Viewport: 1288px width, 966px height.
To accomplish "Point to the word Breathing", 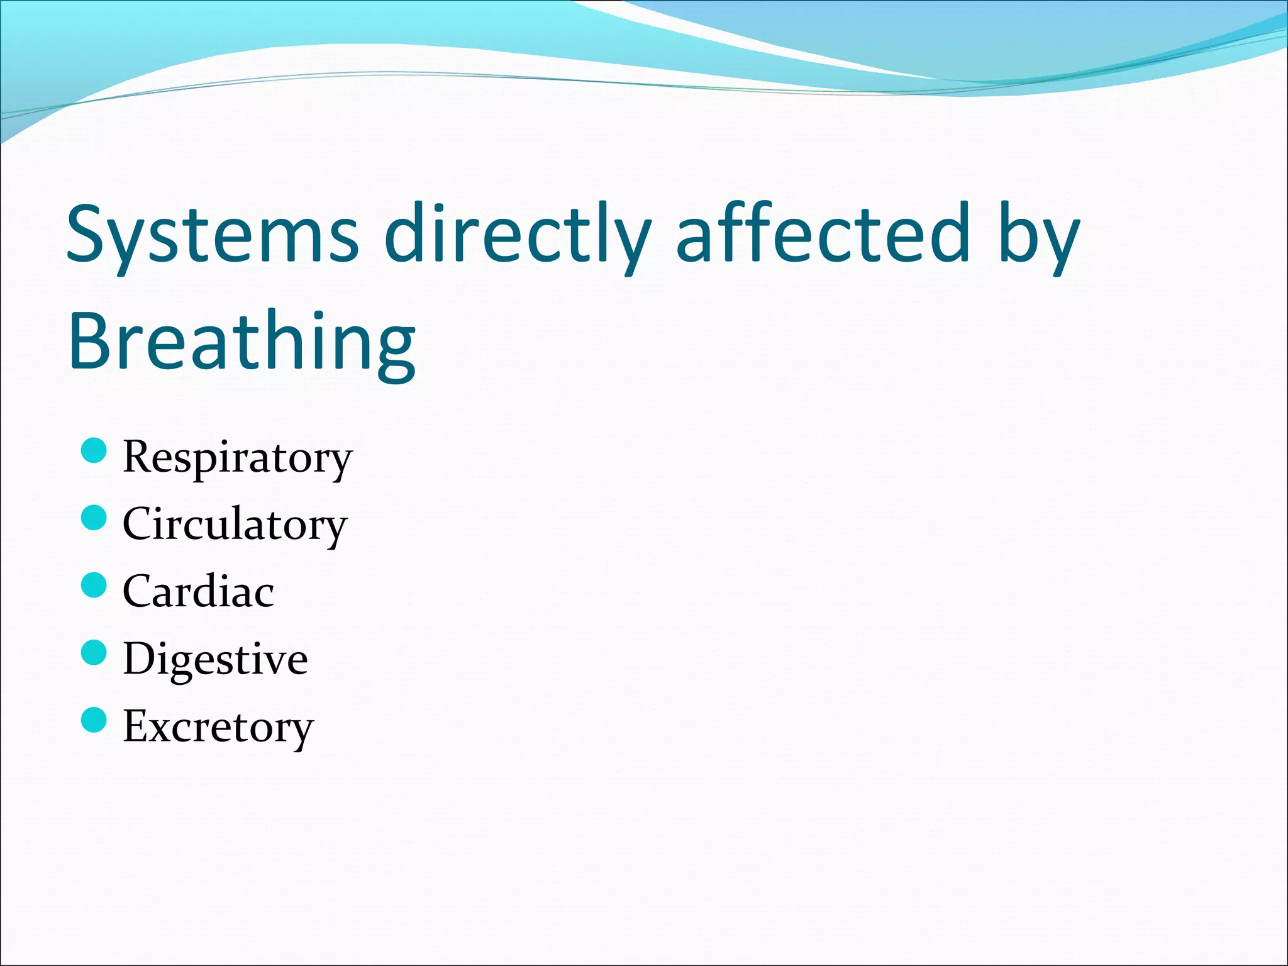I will (x=242, y=343).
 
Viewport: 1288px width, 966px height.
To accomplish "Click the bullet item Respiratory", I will (x=238, y=457).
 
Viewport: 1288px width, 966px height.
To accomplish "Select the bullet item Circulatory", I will (x=235, y=525).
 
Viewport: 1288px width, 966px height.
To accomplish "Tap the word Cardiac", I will (x=198, y=591).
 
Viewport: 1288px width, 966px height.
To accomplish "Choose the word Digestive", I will (x=215, y=659).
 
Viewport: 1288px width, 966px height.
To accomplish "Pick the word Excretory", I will (x=218, y=726).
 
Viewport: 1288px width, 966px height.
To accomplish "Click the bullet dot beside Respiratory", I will (x=94, y=450).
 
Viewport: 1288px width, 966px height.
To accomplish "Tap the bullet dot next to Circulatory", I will (x=94, y=518).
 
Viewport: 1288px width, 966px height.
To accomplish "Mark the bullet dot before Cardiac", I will (x=94, y=585).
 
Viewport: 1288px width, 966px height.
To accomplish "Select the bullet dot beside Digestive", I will (x=94, y=652).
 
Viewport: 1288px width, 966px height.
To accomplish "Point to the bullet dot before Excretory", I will (x=94, y=719).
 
